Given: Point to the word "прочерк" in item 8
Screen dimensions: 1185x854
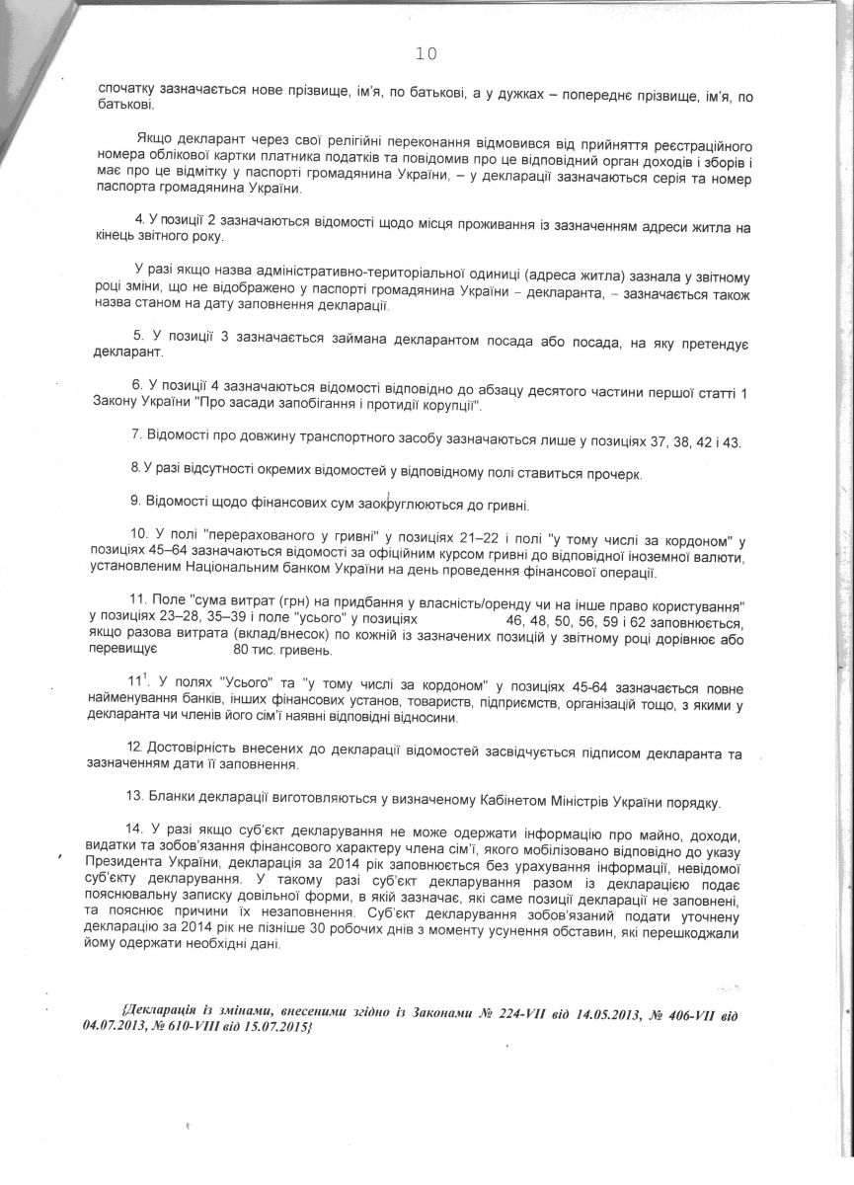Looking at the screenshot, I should click(x=612, y=475).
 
